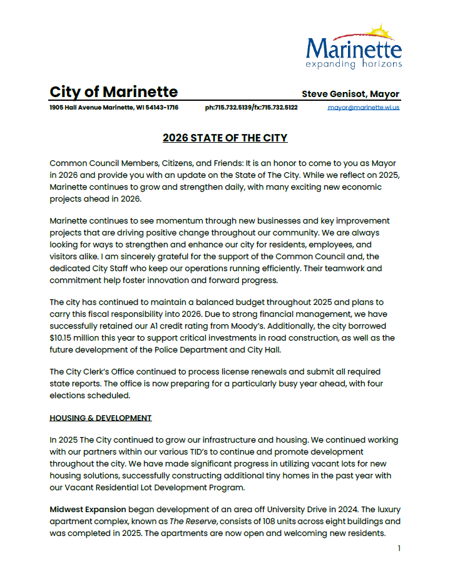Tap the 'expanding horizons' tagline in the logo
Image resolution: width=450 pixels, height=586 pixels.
(354, 64)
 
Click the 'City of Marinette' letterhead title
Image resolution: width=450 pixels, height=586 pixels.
(113, 92)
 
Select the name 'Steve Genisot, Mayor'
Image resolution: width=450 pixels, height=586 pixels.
(350, 94)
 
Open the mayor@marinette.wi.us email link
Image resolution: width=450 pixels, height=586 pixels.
(364, 108)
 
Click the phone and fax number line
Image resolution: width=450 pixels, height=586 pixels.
(251, 108)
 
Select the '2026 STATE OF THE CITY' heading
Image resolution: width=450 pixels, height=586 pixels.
(225, 138)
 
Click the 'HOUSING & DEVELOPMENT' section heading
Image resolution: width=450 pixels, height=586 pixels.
(100, 418)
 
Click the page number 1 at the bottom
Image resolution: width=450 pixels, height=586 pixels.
(399, 548)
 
